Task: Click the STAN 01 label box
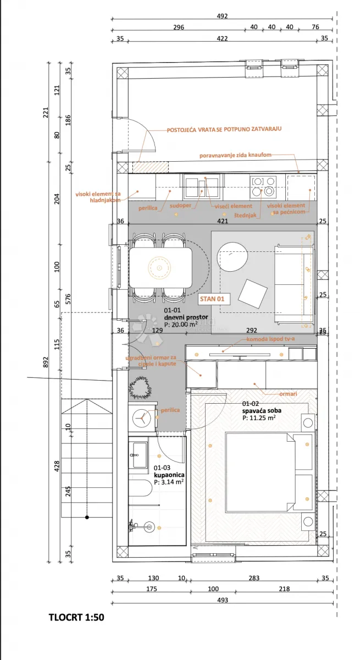point(212,299)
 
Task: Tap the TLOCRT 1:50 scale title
point(76,617)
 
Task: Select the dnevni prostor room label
point(186,317)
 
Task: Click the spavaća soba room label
point(262,410)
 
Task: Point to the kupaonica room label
point(169,475)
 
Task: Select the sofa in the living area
point(293,285)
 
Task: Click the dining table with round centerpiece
point(160,267)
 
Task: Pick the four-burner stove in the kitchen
point(263,186)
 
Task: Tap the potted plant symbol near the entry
point(140,387)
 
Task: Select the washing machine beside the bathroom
point(142,417)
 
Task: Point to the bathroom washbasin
point(140,455)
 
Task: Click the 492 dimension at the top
point(222,16)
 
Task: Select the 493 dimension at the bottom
point(223,600)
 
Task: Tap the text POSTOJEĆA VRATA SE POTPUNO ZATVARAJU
point(224,129)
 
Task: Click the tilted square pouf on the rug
point(253,294)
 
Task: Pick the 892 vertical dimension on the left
point(45,362)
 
